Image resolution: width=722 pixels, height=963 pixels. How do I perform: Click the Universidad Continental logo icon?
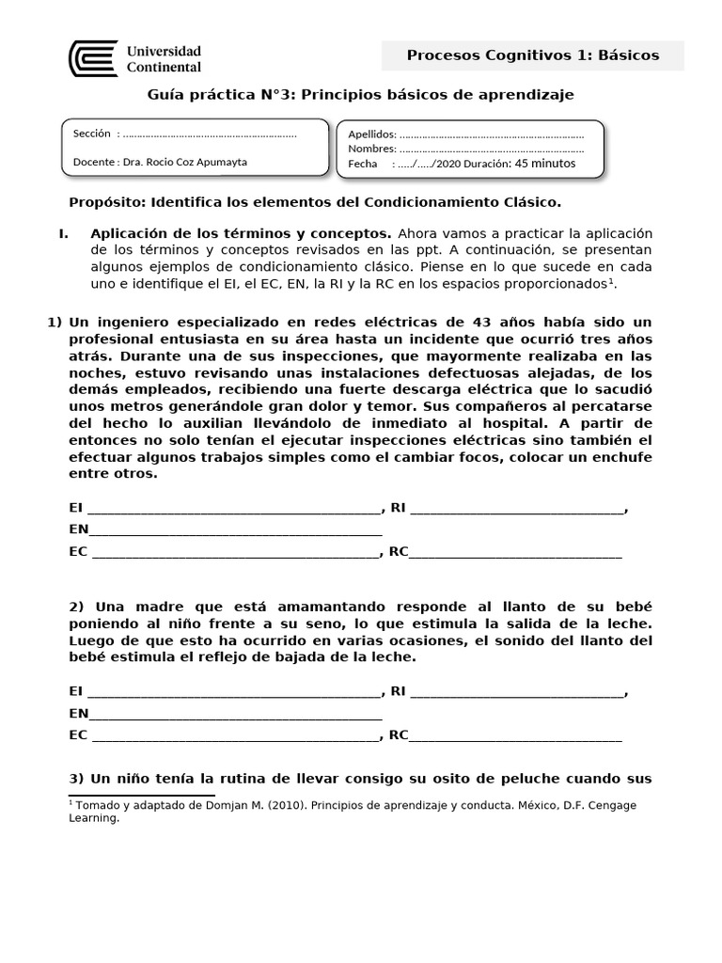point(93,58)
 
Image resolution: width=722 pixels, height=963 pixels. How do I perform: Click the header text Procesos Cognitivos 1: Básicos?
point(532,55)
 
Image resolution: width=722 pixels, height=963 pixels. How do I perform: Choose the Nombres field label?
point(371,149)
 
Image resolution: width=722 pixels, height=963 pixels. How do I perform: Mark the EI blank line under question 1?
point(232,510)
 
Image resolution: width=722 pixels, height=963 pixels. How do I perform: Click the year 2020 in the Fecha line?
point(464,164)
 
